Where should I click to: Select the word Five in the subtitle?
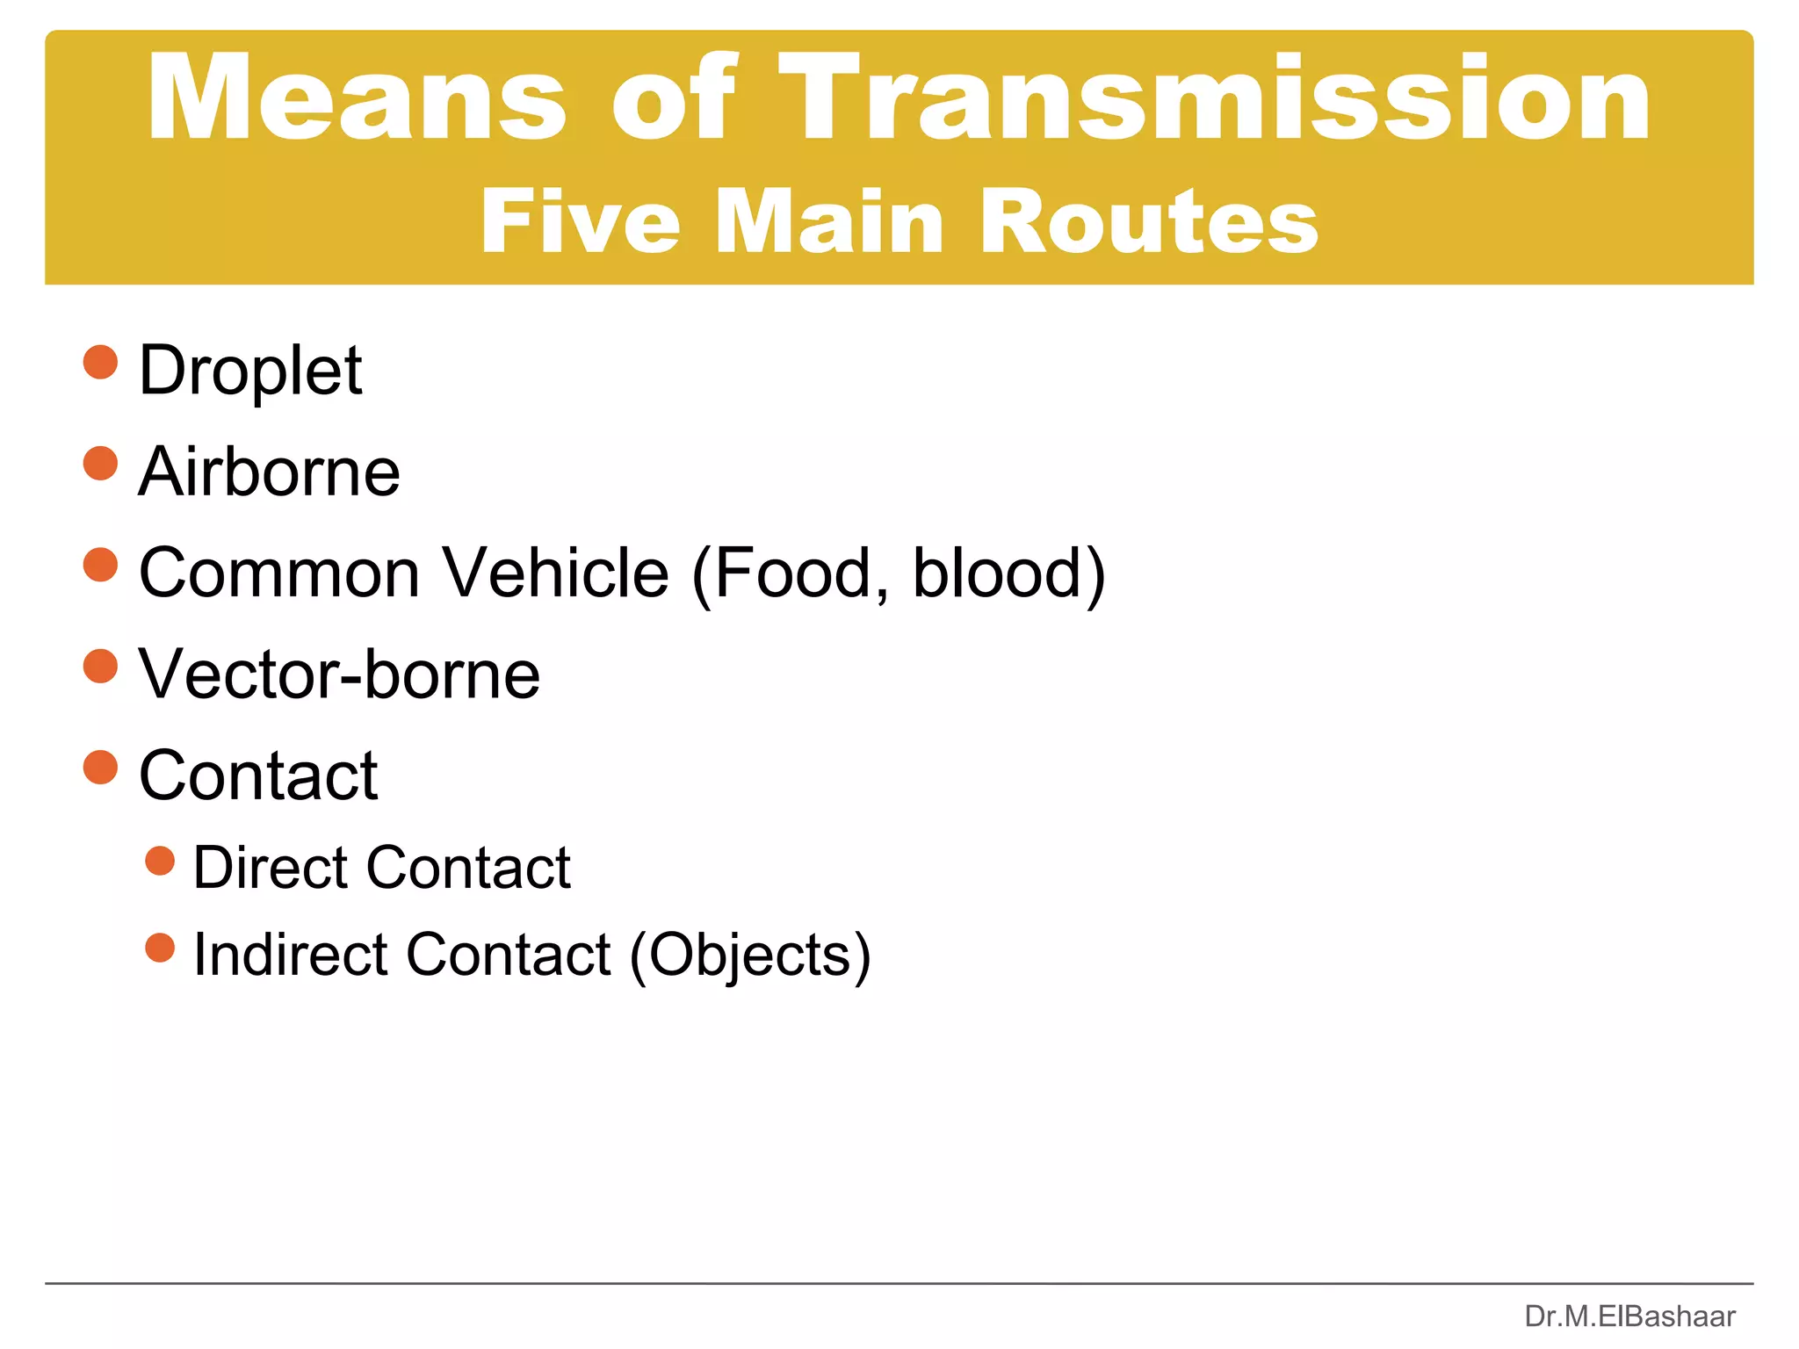pyautogui.click(x=580, y=222)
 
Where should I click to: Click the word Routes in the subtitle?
pyautogui.click(x=1148, y=222)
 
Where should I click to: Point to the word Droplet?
pyautogui.click(x=250, y=371)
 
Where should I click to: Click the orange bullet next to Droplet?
pyautogui.click(x=100, y=362)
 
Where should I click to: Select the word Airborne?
pyautogui.click(x=269, y=473)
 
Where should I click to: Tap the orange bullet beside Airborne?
pyautogui.click(x=100, y=463)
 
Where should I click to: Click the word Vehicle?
pyautogui.click(x=555, y=574)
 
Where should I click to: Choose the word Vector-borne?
pyautogui.click(x=339, y=674)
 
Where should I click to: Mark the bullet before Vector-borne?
pyautogui.click(x=100, y=666)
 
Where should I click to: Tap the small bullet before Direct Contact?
pyautogui.click(x=160, y=861)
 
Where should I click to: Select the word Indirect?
pyautogui.click(x=290, y=955)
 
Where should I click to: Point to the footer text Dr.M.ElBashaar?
pyautogui.click(x=1629, y=1317)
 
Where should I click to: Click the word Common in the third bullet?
pyautogui.click(x=279, y=574)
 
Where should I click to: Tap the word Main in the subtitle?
pyautogui.click(x=829, y=222)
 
